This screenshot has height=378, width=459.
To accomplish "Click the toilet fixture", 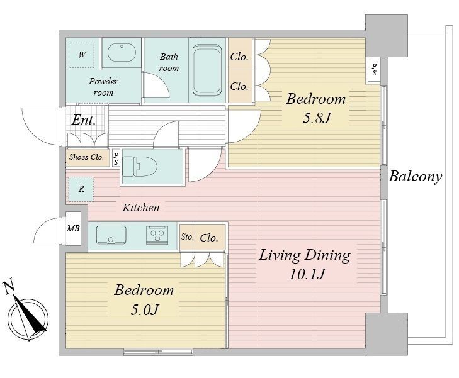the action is (x=139, y=166).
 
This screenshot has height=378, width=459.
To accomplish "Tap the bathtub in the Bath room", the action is (x=207, y=70).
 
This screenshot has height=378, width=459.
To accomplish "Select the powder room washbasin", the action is (x=122, y=53).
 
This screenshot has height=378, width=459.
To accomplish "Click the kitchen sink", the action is (x=111, y=235).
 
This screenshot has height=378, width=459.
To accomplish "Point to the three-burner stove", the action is (x=157, y=235).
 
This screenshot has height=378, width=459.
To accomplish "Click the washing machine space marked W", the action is (x=82, y=55).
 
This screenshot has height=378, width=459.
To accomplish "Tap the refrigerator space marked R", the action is (x=81, y=189).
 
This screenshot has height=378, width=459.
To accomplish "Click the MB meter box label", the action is (x=73, y=228).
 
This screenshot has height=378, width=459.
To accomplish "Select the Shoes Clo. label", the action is (x=86, y=157).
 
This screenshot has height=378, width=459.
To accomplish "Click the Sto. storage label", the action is (x=187, y=236).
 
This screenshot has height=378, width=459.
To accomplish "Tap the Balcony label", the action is (x=415, y=177).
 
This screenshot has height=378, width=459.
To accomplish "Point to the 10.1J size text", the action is (x=307, y=274).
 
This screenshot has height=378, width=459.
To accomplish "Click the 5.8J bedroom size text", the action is (x=317, y=118).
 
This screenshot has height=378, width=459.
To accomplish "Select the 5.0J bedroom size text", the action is (x=145, y=309).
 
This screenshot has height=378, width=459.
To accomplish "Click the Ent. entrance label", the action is (x=84, y=120).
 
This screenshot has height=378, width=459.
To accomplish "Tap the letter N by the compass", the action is (x=9, y=287).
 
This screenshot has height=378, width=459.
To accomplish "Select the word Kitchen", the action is (x=141, y=208).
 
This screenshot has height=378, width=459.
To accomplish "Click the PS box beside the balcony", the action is (x=374, y=70).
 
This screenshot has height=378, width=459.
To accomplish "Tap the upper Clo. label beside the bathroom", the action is (x=239, y=57).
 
